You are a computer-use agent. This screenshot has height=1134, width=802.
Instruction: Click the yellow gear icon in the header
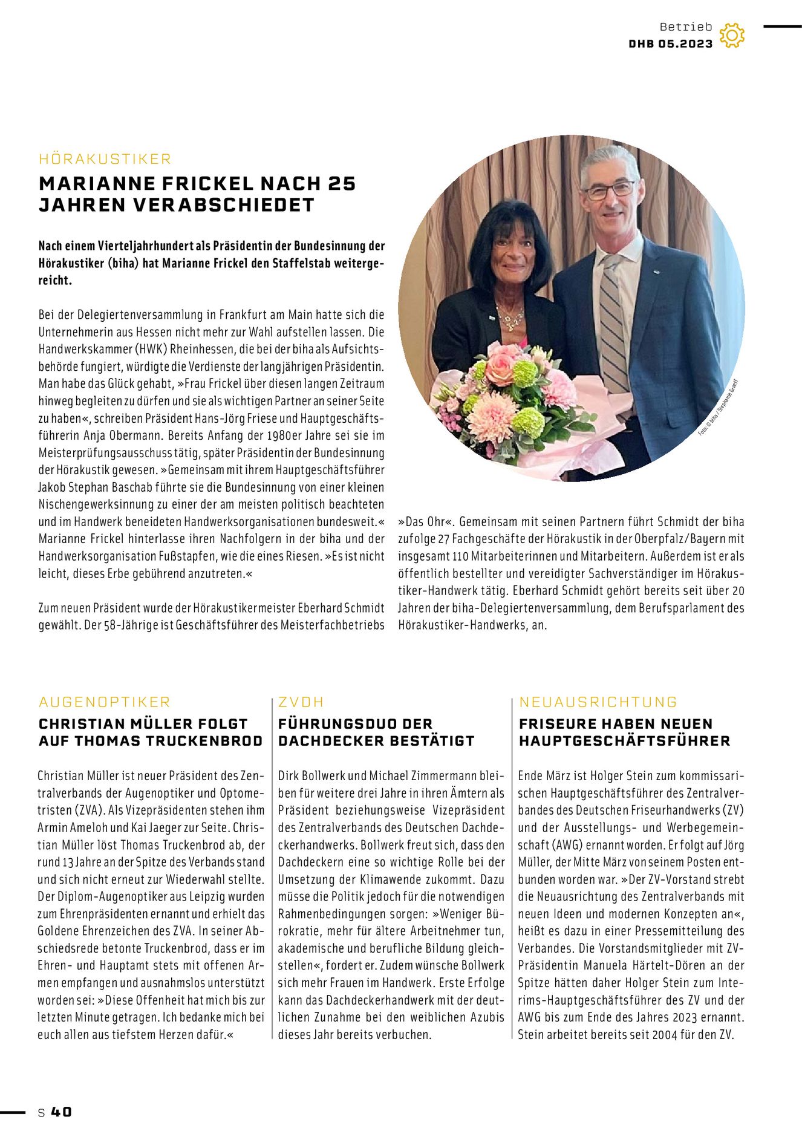click(732, 36)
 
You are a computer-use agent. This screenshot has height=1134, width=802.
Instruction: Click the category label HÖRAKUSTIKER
click(105, 159)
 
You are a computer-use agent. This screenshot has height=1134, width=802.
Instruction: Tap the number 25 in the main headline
click(342, 183)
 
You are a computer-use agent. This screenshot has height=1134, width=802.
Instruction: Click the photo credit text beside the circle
click(719, 407)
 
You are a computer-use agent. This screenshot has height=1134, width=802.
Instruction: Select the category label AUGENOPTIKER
click(105, 702)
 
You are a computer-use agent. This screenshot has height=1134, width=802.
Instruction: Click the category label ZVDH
click(301, 702)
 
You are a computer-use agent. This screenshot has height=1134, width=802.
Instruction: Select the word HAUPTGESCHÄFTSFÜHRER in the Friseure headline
click(625, 741)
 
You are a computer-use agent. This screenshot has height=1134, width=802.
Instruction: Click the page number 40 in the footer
click(61, 1112)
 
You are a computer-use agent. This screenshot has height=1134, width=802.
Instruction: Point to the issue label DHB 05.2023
click(671, 44)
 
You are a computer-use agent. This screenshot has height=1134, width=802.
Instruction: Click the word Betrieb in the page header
click(686, 27)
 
